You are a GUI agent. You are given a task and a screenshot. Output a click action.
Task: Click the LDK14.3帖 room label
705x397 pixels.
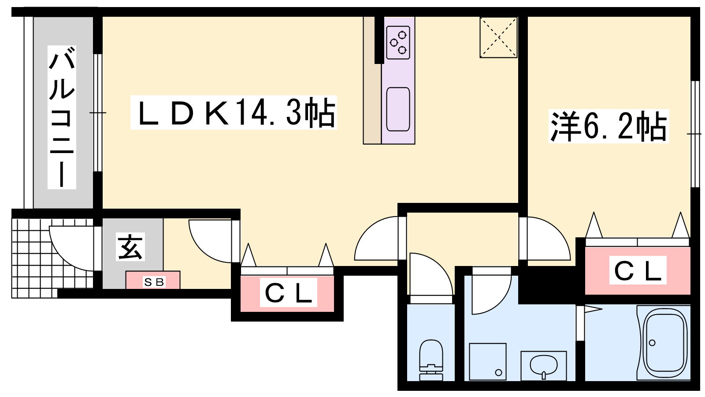pos(234,112)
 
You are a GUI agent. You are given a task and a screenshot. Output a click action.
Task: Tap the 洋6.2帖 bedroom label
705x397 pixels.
pos(609,126)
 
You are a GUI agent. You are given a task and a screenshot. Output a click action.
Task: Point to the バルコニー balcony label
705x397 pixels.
pos(62,117)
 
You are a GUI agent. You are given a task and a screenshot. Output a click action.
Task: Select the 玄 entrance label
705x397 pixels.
pos(130,247)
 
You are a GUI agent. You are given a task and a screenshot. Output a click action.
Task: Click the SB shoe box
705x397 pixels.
pos(153,280)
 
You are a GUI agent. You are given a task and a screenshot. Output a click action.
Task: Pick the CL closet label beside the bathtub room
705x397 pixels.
pos(638,270)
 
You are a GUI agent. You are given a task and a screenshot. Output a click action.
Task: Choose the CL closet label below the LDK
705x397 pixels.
pos(288,292)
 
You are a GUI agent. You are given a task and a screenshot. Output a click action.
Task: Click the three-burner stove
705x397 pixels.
pos(398,42)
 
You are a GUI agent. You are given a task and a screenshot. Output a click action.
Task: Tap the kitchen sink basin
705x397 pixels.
pos(398,109)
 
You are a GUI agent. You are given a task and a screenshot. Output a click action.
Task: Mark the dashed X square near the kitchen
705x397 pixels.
pos(498,37)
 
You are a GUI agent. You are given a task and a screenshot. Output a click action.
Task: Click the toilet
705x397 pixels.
pos(431,360)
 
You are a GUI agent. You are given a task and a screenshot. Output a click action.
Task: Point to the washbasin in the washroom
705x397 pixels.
pos(544,366)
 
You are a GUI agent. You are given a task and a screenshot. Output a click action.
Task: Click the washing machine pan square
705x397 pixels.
pos(487,362)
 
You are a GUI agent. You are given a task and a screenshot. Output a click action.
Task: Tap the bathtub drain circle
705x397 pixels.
pos(652,342)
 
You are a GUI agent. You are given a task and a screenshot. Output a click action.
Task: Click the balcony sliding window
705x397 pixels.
pos(98,113)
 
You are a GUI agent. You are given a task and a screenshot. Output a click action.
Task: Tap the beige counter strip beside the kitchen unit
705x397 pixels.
pos(372,80)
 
